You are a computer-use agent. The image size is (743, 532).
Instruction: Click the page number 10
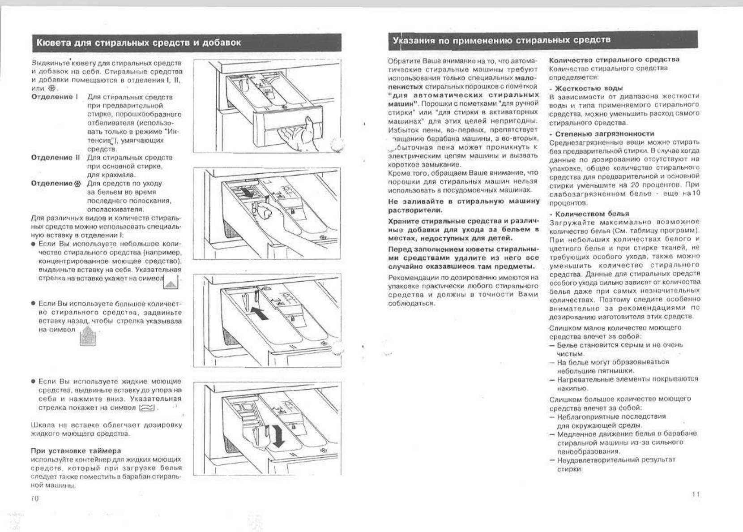tap(35, 498)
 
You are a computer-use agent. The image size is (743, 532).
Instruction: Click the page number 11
tap(695, 494)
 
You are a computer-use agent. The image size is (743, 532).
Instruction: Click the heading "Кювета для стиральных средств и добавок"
tap(138, 43)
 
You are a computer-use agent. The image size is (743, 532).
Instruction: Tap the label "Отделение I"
tap(55, 97)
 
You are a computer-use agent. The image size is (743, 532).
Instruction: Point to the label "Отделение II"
tap(56, 157)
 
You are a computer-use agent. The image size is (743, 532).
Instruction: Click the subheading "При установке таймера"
tap(76, 450)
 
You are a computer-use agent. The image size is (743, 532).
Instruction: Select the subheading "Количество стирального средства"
tap(614, 60)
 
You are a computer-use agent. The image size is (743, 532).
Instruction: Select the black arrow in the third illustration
tap(260, 312)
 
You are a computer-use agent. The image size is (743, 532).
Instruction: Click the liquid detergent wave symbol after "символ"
tap(147, 408)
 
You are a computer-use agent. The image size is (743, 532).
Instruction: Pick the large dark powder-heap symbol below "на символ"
tap(88, 335)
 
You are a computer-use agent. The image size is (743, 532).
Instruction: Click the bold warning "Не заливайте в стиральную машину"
tap(464, 202)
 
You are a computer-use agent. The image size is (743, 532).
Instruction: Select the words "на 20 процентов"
tap(658, 185)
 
